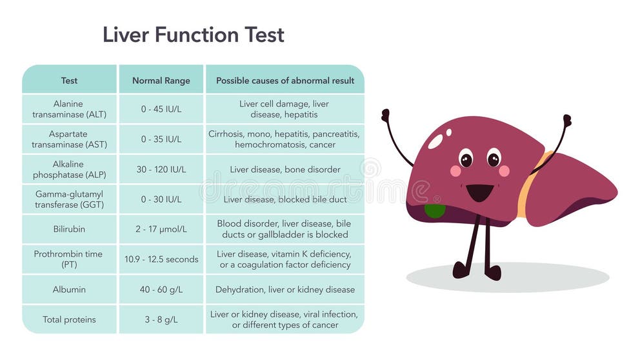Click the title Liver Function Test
194,34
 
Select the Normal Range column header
161,81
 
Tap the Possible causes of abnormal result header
285,81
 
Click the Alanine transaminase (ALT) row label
69,109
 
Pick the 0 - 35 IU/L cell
161,139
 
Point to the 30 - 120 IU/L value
161,170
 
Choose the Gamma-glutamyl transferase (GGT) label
69,199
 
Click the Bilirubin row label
69,229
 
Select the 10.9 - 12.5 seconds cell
161,259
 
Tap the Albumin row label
69,290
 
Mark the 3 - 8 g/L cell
161,319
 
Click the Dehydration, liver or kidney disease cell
285,290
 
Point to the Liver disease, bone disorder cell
285,170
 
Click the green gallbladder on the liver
434,210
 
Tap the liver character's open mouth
479,192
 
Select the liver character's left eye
466,159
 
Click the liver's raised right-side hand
567,121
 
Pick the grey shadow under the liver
508,277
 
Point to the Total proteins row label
69,319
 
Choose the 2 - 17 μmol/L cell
161,229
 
